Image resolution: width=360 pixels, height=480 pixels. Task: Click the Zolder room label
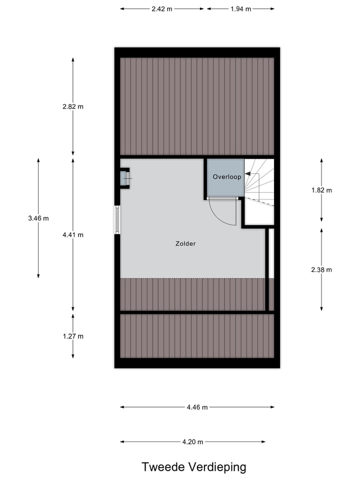click(x=185, y=244)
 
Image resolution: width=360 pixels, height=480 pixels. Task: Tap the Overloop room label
click(x=226, y=177)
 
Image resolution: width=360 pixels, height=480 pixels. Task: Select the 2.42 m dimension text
click(x=162, y=9)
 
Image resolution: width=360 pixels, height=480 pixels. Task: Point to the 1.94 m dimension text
click(x=240, y=9)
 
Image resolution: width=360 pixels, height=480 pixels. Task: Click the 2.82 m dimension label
click(x=73, y=106)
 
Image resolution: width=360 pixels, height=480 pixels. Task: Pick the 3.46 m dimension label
click(x=38, y=218)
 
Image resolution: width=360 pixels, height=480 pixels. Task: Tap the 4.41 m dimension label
click(x=73, y=234)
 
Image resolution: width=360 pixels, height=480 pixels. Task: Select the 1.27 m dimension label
click(x=73, y=336)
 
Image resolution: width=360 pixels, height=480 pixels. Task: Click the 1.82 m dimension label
click(x=321, y=190)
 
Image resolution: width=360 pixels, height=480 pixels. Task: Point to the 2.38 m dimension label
click(x=321, y=269)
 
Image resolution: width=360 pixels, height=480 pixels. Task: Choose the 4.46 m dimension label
click(x=197, y=407)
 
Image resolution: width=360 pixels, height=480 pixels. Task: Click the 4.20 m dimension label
click(x=192, y=441)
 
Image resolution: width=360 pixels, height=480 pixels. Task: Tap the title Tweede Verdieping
click(x=194, y=467)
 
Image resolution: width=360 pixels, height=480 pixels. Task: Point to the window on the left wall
click(x=117, y=219)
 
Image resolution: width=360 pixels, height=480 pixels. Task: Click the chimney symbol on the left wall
click(x=124, y=178)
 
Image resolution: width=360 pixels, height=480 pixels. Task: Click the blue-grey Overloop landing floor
click(x=225, y=187)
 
